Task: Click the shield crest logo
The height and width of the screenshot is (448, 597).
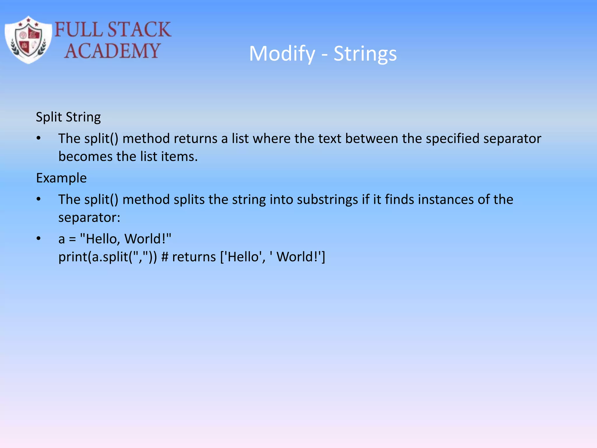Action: point(28,40)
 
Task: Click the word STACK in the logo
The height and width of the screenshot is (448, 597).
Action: point(139,29)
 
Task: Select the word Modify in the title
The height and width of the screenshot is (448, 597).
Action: point(282,54)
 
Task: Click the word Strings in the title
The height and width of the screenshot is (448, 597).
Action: point(365,54)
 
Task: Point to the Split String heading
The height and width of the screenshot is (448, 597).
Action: point(68,117)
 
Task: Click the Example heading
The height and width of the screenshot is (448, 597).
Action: point(61,178)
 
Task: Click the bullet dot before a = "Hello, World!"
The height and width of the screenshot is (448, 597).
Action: point(38,239)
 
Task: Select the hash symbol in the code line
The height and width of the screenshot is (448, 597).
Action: point(165,257)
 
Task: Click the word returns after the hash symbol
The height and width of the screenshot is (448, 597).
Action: point(194,257)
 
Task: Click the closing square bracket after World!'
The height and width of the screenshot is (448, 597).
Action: point(323,257)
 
